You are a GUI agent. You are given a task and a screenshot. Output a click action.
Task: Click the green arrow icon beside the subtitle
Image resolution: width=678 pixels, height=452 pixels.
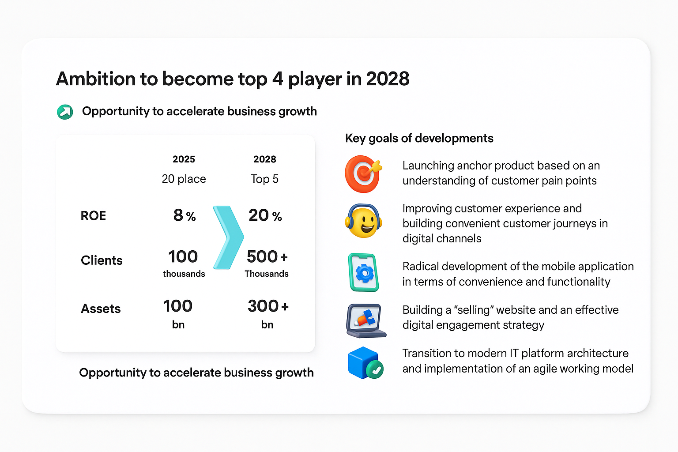click(65, 112)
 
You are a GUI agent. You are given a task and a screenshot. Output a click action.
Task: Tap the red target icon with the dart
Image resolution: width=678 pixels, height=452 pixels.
click(363, 173)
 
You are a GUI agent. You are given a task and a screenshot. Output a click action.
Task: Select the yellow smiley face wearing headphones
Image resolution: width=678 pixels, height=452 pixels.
click(363, 221)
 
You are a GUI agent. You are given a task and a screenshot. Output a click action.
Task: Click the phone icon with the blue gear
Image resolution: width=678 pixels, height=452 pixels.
click(364, 272)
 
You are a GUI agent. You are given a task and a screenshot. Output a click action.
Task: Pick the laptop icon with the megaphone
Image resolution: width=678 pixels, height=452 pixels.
click(365, 320)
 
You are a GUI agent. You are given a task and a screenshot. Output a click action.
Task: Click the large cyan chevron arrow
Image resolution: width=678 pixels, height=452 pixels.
click(228, 237)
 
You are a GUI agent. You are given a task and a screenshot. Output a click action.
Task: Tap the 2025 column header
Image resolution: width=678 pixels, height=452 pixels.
click(184, 159)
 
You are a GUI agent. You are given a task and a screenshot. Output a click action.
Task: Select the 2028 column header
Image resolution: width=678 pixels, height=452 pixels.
click(264, 159)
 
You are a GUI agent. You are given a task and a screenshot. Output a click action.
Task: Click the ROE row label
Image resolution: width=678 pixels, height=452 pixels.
click(93, 216)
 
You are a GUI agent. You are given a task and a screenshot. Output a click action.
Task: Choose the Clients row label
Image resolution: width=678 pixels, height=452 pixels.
click(102, 260)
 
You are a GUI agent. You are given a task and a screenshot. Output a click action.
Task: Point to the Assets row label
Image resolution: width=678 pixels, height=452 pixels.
click(101, 309)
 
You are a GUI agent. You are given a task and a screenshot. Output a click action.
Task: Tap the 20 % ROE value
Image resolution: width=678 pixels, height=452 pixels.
click(265, 215)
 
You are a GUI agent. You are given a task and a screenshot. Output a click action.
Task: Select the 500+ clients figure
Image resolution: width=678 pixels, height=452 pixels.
click(267, 257)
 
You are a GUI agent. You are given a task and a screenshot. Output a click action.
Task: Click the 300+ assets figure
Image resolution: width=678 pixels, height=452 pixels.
click(268, 306)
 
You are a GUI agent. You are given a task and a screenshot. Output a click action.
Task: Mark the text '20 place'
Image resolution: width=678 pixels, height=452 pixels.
click(184, 179)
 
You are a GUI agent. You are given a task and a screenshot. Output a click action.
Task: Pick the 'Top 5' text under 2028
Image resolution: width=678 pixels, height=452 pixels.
click(264, 179)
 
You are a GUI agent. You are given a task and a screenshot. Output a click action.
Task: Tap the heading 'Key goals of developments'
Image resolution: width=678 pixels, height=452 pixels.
click(419, 138)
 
